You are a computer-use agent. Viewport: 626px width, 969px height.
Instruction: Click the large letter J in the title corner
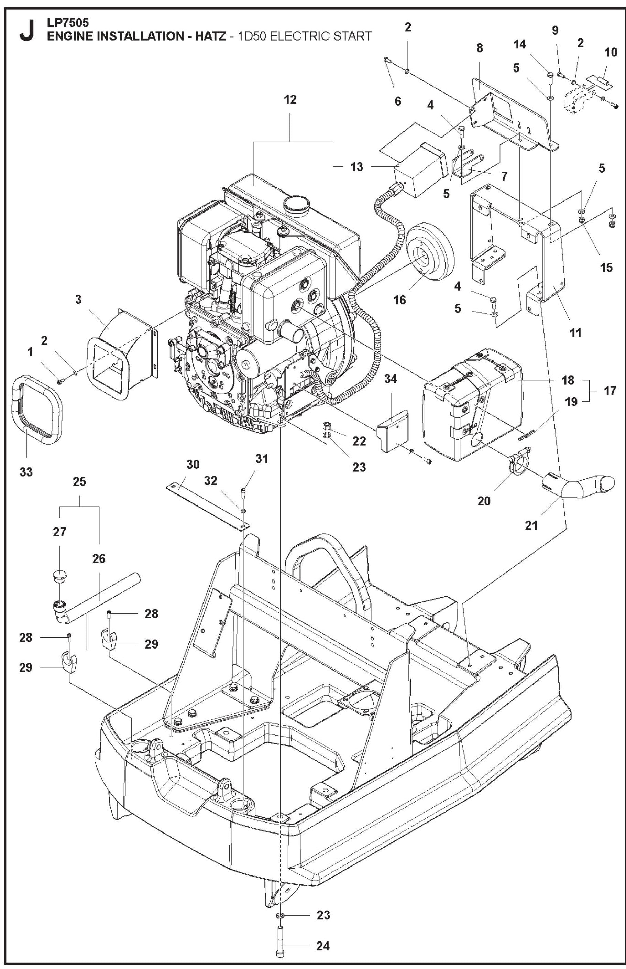(x=26, y=32)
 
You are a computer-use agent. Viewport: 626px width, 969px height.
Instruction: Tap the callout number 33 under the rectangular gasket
(x=26, y=472)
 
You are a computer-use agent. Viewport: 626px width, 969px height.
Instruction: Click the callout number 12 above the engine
(x=290, y=100)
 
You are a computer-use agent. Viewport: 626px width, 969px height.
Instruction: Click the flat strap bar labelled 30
(x=207, y=507)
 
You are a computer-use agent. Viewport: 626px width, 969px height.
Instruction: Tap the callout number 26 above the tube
(x=99, y=559)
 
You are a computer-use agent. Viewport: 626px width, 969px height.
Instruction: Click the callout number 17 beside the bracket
(x=609, y=391)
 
